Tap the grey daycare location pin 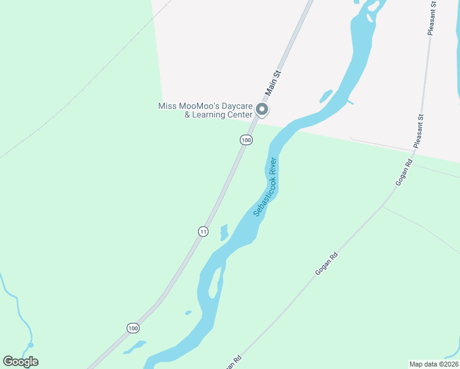pyautogui.click(x=262, y=110)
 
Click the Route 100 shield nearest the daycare pyautogui.click(x=246, y=140)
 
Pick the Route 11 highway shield pyautogui.click(x=203, y=231)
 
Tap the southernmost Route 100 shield pyautogui.click(x=133, y=328)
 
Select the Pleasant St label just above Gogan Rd pyautogui.click(x=420, y=130)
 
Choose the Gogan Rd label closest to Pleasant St pyautogui.click(x=403, y=173)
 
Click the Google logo pyautogui.click(x=21, y=362)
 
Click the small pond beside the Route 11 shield pyautogui.click(x=224, y=232)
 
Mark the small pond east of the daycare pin pyautogui.click(x=325, y=96)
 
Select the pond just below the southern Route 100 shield pyautogui.click(x=135, y=347)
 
